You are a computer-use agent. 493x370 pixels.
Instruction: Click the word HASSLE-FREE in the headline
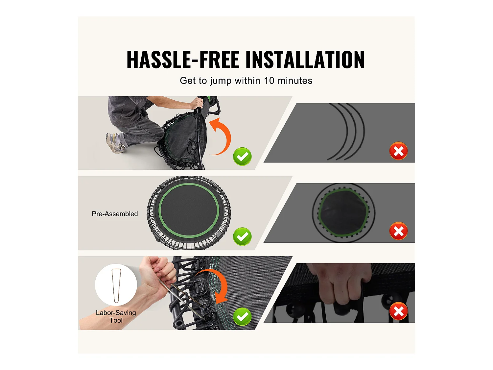pos(183,60)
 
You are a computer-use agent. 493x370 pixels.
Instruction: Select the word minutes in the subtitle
pos(295,81)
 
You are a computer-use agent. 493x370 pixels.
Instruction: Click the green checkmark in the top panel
pos(242,157)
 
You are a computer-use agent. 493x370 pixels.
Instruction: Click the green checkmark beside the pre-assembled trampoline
pos(242,236)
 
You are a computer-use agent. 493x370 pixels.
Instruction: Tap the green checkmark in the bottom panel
pos(242,317)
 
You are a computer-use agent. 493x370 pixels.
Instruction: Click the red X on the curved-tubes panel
pos(398,151)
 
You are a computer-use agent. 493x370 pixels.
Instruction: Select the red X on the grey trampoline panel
pos(398,231)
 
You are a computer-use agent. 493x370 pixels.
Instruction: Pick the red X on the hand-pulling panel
pos(398,311)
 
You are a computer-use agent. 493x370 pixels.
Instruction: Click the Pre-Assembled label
pos(115,214)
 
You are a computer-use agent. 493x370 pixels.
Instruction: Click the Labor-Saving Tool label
pos(116,316)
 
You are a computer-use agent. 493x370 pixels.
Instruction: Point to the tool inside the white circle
pos(116,285)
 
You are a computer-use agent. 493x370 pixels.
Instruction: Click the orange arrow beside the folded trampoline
pos(221,136)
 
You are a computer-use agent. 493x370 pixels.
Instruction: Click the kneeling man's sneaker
pos(115,143)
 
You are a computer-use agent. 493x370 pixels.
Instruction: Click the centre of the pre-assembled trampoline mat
pos(189,211)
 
